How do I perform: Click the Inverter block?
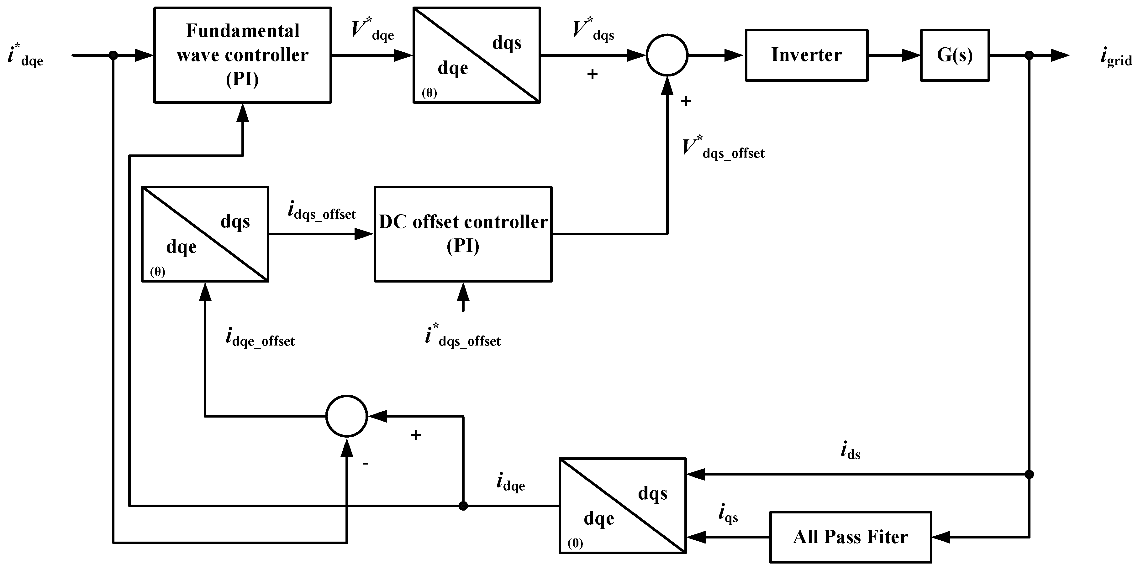coord(806,55)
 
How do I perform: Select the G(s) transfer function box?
coord(955,55)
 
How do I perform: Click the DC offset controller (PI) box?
coord(463,234)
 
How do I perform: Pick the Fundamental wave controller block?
coord(243,55)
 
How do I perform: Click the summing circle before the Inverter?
coord(667,55)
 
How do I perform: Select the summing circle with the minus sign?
coord(347,416)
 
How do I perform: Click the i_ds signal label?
coord(851,451)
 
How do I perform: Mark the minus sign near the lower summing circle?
coord(365,463)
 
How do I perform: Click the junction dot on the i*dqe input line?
coord(113,55)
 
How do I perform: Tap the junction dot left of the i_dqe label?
coord(463,506)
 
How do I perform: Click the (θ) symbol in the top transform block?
coord(429,93)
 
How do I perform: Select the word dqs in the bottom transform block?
coord(652,493)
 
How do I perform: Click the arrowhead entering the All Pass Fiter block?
coord(941,537)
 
